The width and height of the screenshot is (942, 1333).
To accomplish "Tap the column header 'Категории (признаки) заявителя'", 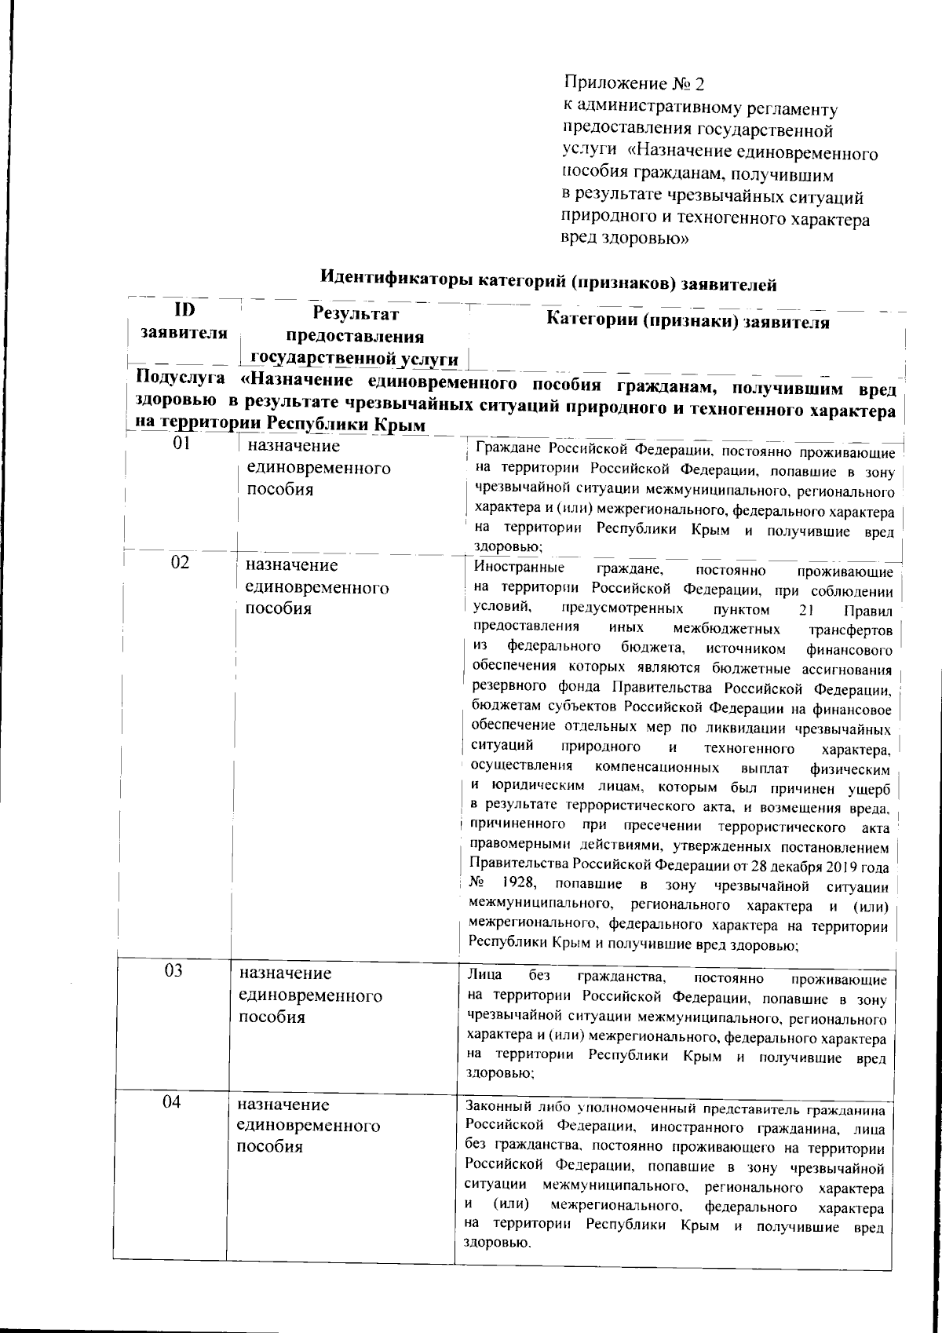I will [688, 322].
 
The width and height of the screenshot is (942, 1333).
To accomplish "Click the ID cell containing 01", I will [182, 444].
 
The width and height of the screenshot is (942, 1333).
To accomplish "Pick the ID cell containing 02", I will [181, 563].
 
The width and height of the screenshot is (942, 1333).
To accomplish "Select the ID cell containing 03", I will [173, 970].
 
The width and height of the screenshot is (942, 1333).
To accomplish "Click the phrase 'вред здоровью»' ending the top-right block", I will [626, 239].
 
